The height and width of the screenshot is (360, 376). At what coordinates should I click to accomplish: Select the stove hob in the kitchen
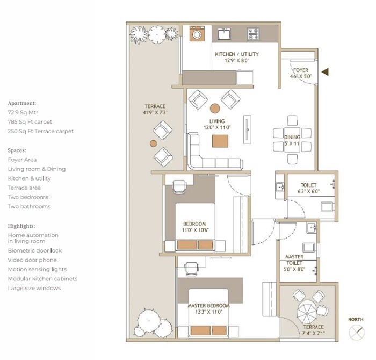click(x=253, y=34)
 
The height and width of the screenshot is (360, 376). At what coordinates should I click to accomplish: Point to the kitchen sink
click(x=224, y=34)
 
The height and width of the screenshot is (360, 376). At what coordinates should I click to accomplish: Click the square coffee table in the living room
click(x=220, y=141)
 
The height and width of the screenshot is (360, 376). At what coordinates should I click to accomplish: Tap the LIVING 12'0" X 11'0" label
click(x=217, y=125)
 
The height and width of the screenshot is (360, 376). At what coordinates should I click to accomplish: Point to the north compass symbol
click(x=356, y=333)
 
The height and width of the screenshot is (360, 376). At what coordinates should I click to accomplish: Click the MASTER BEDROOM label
click(x=208, y=309)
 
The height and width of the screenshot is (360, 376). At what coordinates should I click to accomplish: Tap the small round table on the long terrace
click(x=153, y=143)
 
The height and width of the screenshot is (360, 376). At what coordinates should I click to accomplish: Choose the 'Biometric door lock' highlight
click(x=34, y=250)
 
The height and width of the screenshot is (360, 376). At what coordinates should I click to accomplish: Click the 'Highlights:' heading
click(x=22, y=226)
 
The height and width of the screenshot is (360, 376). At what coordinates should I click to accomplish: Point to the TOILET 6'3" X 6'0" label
click(x=309, y=188)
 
